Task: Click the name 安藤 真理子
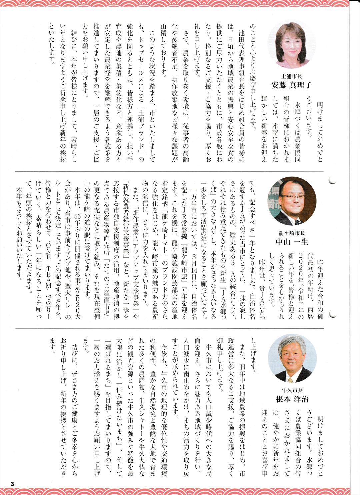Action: pos(292,85)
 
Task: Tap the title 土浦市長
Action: pos(292,76)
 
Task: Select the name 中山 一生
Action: pos(292,242)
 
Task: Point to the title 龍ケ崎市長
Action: pos(292,233)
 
